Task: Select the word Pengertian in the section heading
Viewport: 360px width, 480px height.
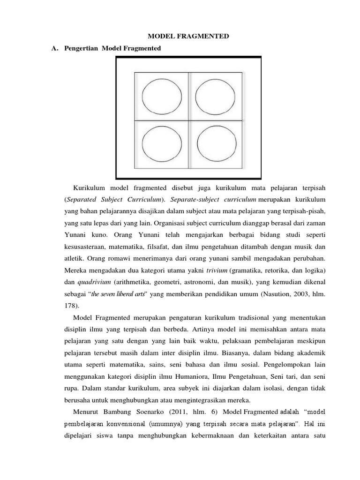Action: pos(85,48)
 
